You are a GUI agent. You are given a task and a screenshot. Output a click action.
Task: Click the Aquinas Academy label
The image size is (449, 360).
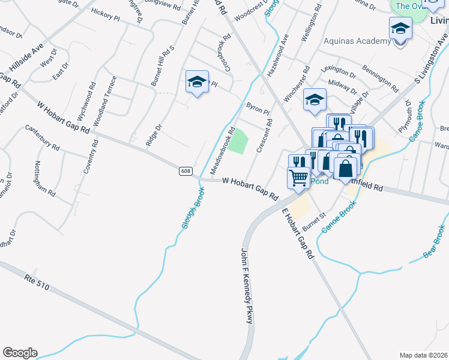[357, 41]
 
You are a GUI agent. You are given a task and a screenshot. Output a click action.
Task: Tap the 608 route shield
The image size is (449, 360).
[185, 172]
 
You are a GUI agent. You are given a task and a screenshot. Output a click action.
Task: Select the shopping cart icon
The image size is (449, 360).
[298, 178]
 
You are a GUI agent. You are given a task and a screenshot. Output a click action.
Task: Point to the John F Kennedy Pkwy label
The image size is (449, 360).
[247, 286]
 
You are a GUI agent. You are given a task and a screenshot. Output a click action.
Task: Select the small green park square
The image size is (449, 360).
[239, 141]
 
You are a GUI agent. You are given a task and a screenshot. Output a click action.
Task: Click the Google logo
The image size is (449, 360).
[20, 353]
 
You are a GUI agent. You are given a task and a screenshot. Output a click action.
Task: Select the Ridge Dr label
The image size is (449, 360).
[154, 136]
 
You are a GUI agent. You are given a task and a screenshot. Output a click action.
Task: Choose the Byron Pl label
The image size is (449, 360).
[258, 109]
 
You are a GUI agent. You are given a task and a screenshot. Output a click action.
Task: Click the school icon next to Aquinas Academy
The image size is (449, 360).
[400, 29]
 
